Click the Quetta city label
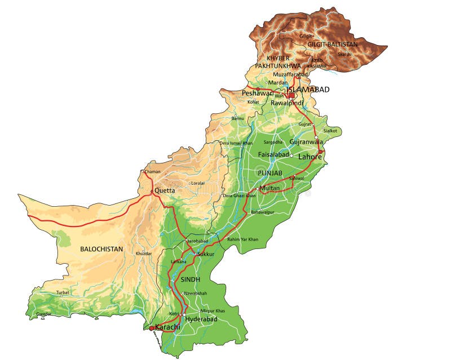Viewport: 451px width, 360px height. click(x=165, y=190)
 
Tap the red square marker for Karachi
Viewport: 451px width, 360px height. click(x=152, y=327)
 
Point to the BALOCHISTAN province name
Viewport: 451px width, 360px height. click(x=101, y=248)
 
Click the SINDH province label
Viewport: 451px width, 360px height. click(x=191, y=279)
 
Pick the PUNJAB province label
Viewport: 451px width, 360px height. click(x=269, y=172)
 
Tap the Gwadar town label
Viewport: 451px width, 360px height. click(x=43, y=314)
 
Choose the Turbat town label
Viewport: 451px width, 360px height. click(x=63, y=292)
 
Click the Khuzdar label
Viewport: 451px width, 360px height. click(x=144, y=254)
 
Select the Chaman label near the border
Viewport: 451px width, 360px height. click(x=152, y=172)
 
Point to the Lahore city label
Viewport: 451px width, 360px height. click(x=310, y=157)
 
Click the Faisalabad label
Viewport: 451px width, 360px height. click(x=273, y=154)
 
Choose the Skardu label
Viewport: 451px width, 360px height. click(x=344, y=54)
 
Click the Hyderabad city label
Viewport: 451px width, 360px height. click(x=201, y=319)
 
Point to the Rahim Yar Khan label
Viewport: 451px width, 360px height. click(x=242, y=239)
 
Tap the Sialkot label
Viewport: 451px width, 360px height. click(x=330, y=130)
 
